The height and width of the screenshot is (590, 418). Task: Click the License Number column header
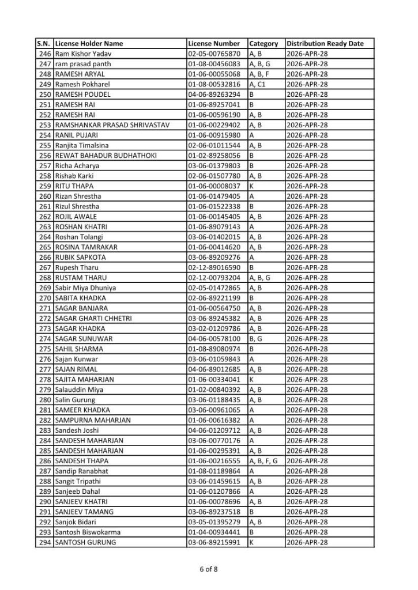click(x=214, y=44)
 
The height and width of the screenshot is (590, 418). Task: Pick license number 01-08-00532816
click(x=214, y=84)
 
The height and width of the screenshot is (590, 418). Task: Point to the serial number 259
click(x=45, y=186)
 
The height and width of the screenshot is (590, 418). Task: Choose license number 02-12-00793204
click(x=214, y=278)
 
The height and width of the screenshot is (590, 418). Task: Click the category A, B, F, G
click(x=263, y=461)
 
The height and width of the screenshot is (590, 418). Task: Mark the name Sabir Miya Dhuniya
click(x=85, y=288)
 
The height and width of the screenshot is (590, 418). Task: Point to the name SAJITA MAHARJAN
click(x=84, y=380)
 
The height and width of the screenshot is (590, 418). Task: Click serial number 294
click(x=45, y=542)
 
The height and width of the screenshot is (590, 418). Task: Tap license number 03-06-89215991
click(x=214, y=542)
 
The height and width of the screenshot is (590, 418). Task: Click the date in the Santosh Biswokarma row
click(x=307, y=532)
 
